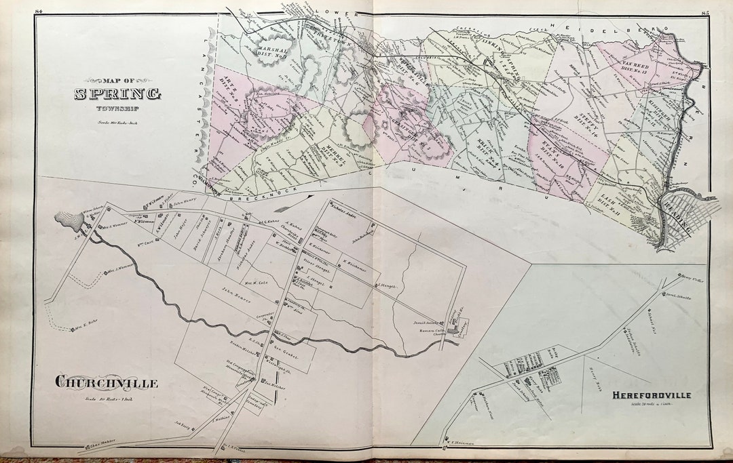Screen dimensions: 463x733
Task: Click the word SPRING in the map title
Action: click(117, 94)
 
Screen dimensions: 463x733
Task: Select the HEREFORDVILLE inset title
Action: click(650, 395)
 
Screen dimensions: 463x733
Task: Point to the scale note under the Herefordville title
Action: click(650, 404)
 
